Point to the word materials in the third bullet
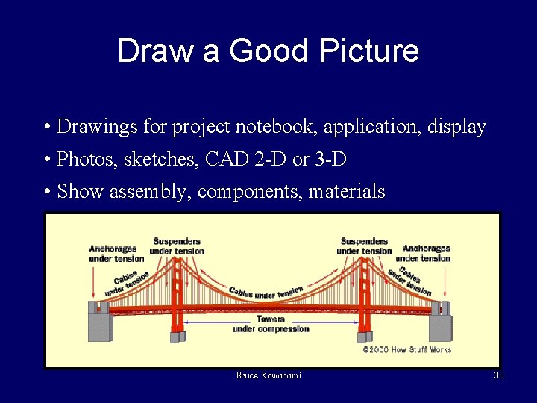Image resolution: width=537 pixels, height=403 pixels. coord(347,192)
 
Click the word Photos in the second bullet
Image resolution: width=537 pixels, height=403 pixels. coord(82,159)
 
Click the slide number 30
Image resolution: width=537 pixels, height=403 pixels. coord(499,375)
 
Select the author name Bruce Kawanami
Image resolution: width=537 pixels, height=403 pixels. coord(268,375)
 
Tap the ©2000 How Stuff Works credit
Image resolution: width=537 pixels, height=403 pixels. coord(406,349)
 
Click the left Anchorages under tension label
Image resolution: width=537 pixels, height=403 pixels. coord(116,254)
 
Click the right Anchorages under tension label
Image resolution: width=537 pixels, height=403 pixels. coord(426,253)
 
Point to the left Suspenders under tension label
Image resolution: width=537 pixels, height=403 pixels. coord(177,246)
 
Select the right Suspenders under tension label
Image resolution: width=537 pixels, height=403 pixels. coord(364,246)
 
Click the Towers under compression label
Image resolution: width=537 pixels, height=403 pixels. coord(270,324)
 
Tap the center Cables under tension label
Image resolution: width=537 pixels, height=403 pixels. coord(266,293)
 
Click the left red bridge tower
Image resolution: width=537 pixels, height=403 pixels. coord(178,299)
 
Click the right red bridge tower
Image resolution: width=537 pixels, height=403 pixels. coord(364,299)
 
